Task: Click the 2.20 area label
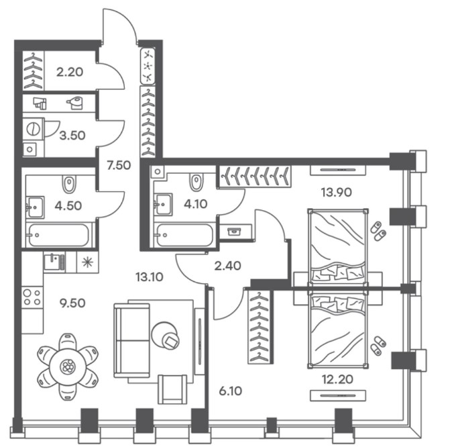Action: pyautogui.click(x=70, y=72)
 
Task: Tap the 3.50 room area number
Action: pyautogui.click(x=72, y=136)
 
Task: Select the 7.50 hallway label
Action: pyautogui.click(x=119, y=165)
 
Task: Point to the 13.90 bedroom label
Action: pyautogui.click(x=336, y=192)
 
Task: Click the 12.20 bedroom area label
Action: pyautogui.click(x=337, y=379)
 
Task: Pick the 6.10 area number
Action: pyautogui.click(x=230, y=391)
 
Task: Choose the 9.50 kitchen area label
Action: pyautogui.click(x=72, y=303)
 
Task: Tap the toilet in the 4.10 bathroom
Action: pyautogui.click(x=196, y=182)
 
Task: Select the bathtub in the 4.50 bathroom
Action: pyautogui.click(x=58, y=235)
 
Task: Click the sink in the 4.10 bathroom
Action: pyautogui.click(x=163, y=204)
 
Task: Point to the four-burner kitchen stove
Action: pyautogui.click(x=32, y=297)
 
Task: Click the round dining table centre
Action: pyautogui.click(x=68, y=366)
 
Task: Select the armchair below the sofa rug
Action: pyautogui.click(x=172, y=389)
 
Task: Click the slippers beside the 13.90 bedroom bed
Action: pyautogui.click(x=378, y=231)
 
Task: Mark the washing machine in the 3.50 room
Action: pyautogui.click(x=33, y=128)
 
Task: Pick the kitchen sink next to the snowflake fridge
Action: pyautogui.click(x=54, y=262)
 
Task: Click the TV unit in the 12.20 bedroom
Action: pyautogui.click(x=337, y=395)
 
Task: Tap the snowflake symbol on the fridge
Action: pyautogui.click(x=87, y=262)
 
